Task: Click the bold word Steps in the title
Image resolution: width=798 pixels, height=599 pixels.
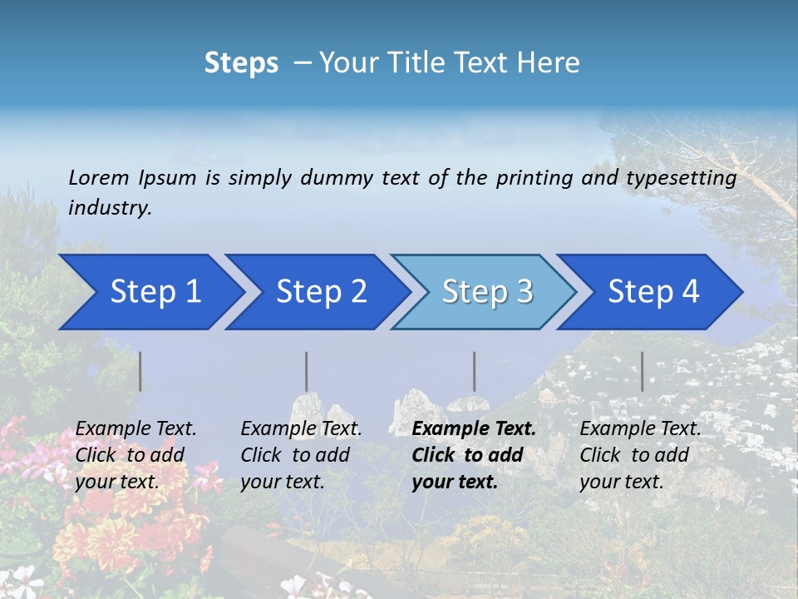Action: (x=241, y=62)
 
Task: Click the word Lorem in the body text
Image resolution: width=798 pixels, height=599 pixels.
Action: (x=98, y=177)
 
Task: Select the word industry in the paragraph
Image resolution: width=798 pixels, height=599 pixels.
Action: (x=110, y=208)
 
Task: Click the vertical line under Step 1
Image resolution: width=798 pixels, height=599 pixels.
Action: (x=140, y=371)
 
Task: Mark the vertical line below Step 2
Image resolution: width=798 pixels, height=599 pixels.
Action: (x=307, y=371)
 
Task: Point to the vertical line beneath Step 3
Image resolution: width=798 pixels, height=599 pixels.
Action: (x=475, y=371)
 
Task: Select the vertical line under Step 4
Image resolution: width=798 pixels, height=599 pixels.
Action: (x=643, y=371)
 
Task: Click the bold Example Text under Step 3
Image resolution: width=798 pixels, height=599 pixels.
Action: (x=474, y=428)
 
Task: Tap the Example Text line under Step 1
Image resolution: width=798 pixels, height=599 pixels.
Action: (x=135, y=428)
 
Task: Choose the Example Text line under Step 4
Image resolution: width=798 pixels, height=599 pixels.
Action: (x=640, y=428)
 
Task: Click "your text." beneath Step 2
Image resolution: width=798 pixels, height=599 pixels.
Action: (x=282, y=482)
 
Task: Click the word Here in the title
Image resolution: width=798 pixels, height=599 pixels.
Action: (x=547, y=62)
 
